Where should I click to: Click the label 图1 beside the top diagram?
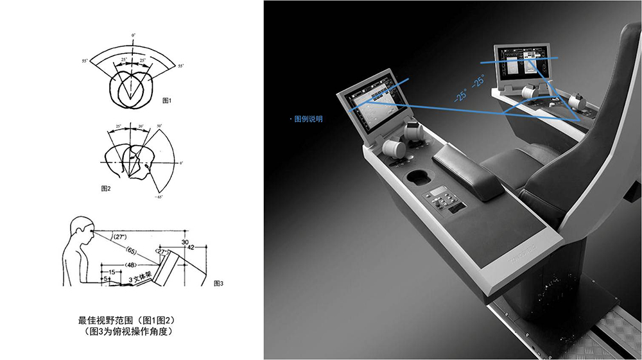(168, 101)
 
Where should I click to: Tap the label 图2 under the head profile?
(107, 189)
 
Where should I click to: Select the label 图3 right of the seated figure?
(218, 283)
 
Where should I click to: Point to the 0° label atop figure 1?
(134, 33)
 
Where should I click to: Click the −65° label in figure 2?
(159, 197)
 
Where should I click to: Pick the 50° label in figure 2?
(159, 126)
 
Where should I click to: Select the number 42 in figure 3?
(190, 247)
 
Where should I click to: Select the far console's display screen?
(521, 64)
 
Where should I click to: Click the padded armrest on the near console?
(469, 168)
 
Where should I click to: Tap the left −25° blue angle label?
(460, 96)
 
